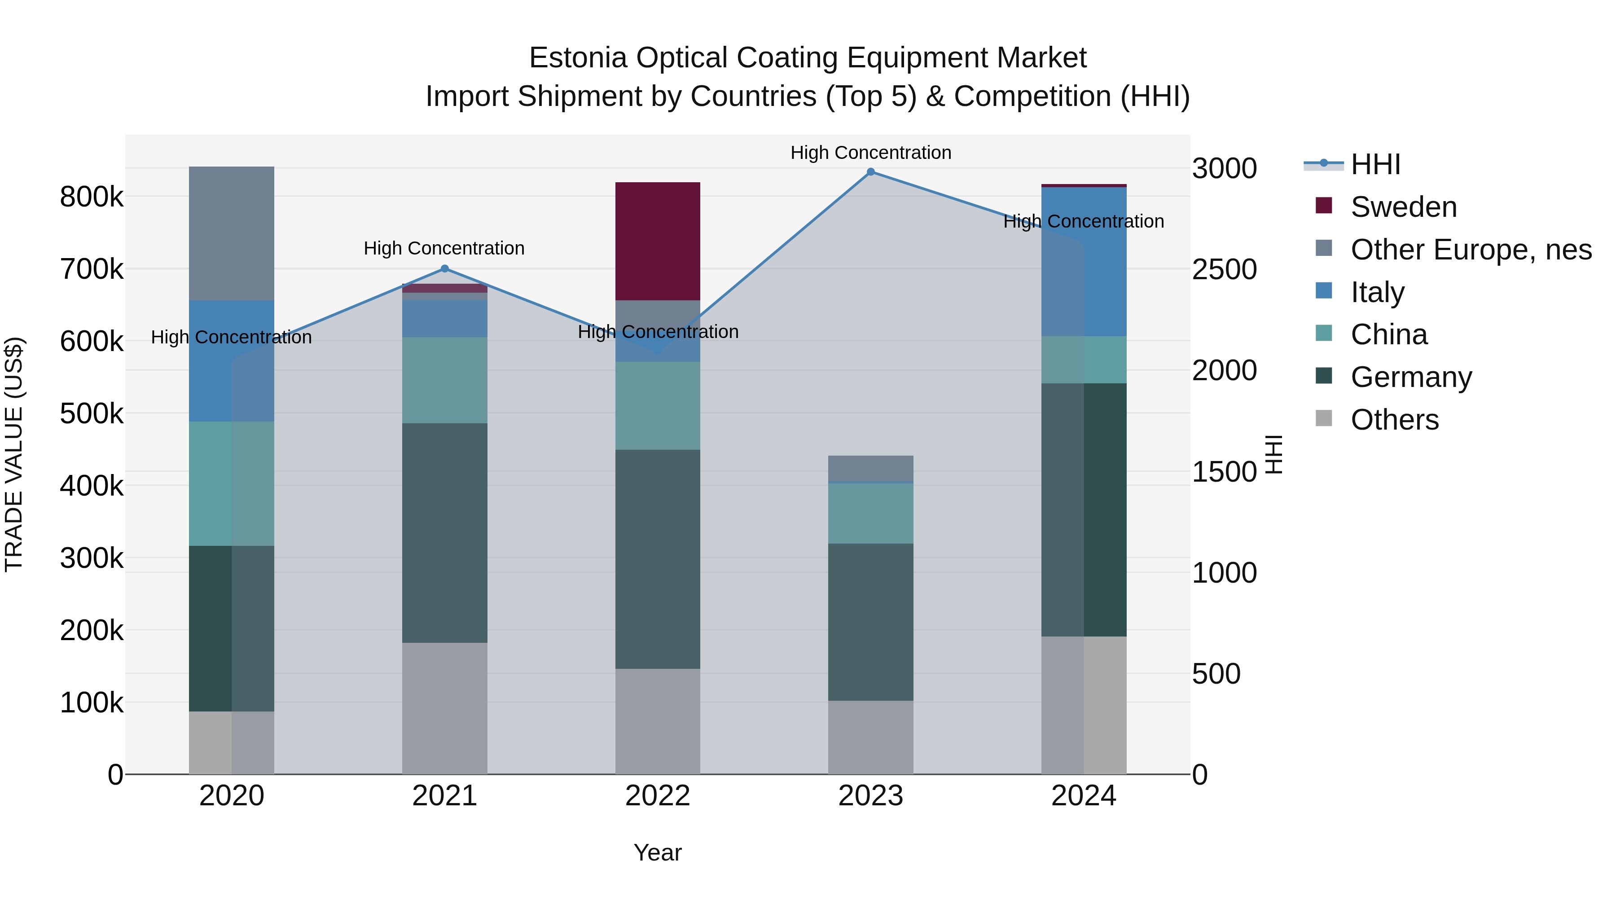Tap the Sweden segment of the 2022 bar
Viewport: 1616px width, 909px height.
[658, 241]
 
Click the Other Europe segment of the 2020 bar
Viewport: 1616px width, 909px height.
[232, 233]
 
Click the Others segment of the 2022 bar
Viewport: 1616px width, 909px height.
[658, 721]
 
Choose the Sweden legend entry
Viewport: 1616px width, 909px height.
[1403, 207]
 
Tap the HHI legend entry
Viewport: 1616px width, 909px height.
[1374, 164]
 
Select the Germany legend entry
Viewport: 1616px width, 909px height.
[1410, 377]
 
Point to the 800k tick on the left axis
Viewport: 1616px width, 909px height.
[92, 197]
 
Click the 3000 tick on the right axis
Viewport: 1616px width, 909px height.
[1224, 168]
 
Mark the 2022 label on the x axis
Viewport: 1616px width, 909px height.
[658, 796]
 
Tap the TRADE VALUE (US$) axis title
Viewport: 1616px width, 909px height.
[14, 454]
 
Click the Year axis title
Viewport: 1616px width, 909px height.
[658, 852]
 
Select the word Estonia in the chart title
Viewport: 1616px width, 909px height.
[577, 58]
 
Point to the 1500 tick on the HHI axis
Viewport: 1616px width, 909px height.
[1224, 472]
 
